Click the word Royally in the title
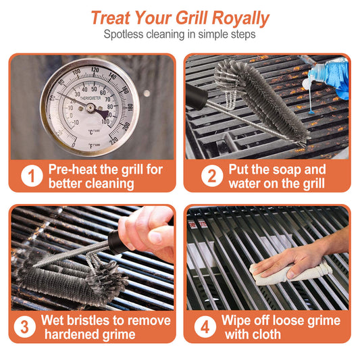pos(236,18)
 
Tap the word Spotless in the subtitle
pos(128,34)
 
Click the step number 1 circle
pos(31,177)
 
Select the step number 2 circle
pos(211,177)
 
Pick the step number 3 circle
pos(26,328)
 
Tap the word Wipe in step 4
pos(238,320)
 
